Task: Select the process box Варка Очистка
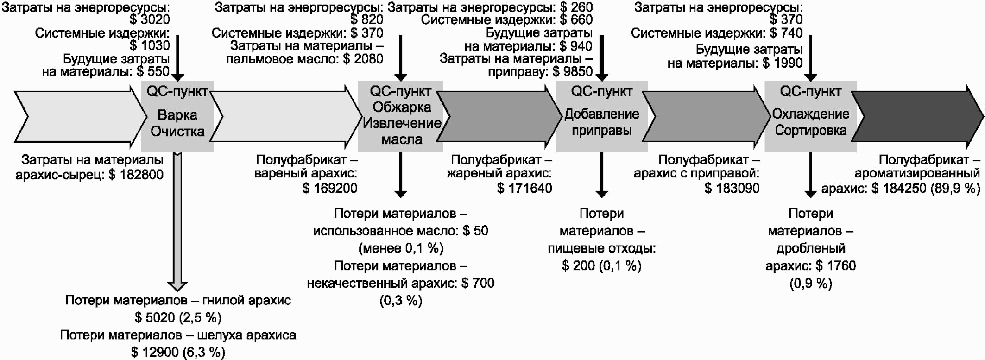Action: pyautogui.click(x=177, y=117)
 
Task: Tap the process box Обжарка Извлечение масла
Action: pyautogui.click(x=401, y=117)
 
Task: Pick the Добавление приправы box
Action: pyautogui.click(x=601, y=117)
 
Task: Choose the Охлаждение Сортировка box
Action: pyautogui.click(x=810, y=117)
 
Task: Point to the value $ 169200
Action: pyautogui.click(x=330, y=188)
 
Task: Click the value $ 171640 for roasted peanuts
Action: pyautogui.click(x=524, y=188)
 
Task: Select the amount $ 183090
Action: pyautogui.click(x=732, y=188)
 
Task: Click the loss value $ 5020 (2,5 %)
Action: pyautogui.click(x=178, y=317)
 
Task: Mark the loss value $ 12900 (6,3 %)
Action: pyautogui.click(x=178, y=352)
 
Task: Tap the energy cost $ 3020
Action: pyautogui.click(x=150, y=19)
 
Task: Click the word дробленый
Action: pyautogui.click(x=811, y=248)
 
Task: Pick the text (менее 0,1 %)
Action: pyautogui.click(x=401, y=248)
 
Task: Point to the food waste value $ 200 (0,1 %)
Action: pyautogui.click(x=601, y=265)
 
